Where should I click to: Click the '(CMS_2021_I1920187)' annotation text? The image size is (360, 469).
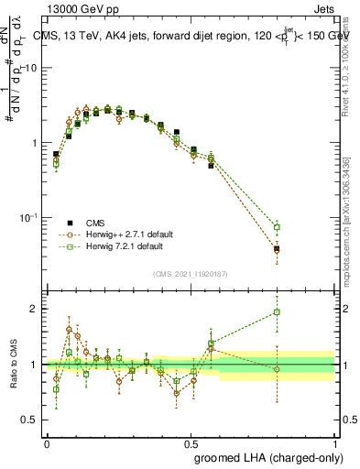[x=191, y=274]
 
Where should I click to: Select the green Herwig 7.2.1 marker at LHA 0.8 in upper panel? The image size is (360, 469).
[x=277, y=227]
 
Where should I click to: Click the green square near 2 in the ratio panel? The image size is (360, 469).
[x=277, y=312]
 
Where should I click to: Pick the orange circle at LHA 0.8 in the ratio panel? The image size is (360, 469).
[x=277, y=368]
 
